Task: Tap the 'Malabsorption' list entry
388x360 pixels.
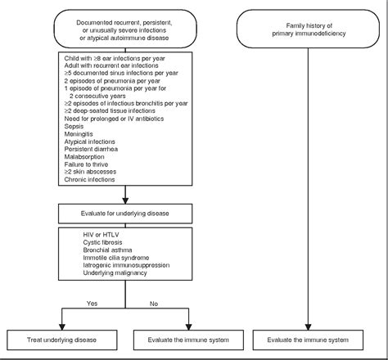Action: [x=84, y=157]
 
